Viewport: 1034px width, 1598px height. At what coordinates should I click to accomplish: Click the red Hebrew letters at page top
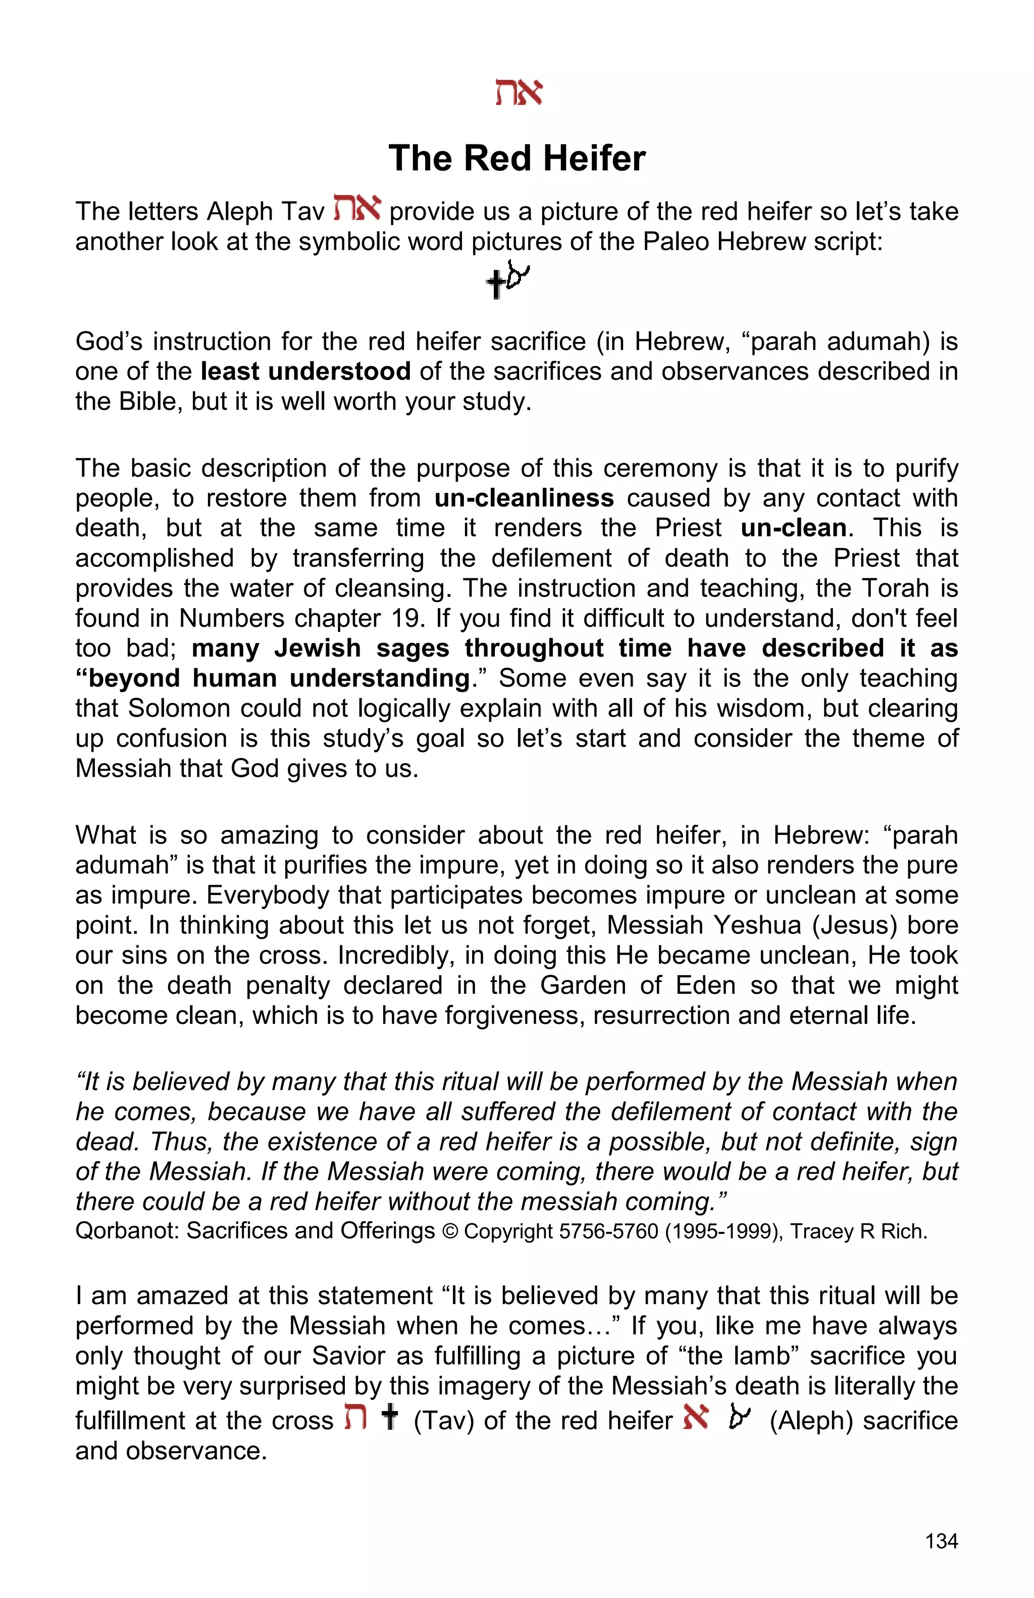[x=518, y=92]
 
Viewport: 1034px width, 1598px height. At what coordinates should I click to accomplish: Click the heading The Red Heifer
[x=516, y=159]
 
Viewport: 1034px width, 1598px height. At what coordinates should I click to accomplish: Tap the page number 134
[x=941, y=1541]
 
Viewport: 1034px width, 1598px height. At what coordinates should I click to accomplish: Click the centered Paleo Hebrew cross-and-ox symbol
[x=507, y=280]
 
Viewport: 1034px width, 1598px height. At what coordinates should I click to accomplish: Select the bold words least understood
[x=305, y=371]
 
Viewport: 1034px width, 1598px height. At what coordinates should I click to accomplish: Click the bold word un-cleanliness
[x=524, y=498]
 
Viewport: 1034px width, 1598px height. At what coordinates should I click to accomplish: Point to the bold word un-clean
[x=794, y=528]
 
